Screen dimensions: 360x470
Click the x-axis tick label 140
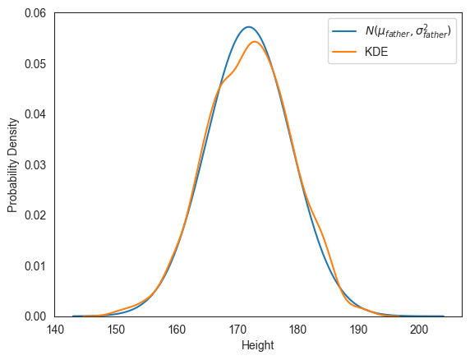coord(55,330)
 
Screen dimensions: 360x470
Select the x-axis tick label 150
coord(116,330)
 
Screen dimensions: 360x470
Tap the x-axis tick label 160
coord(177,330)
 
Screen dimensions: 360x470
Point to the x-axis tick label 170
coord(237,330)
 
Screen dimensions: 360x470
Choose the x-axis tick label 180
coord(298,330)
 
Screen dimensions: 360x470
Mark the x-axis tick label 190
coord(359,330)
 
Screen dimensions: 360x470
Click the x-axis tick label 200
coord(420,330)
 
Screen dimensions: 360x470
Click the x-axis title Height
coord(257,346)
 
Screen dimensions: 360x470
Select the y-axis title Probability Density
coord(12,165)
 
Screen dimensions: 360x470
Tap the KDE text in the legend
coord(376,52)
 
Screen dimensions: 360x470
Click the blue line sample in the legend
coord(344,31)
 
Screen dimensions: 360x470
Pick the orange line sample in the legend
coord(344,52)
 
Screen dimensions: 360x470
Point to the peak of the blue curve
coord(248,27)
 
